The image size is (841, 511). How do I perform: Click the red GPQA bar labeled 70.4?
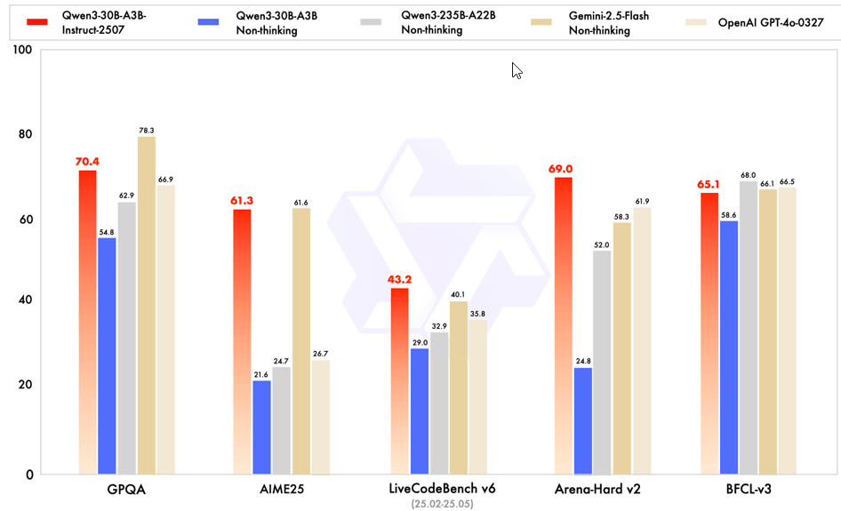click(x=87, y=320)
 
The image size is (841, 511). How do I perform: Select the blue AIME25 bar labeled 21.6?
click(x=261, y=427)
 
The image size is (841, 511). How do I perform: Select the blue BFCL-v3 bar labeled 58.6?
click(x=728, y=347)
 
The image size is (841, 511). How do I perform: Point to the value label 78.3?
click(x=147, y=131)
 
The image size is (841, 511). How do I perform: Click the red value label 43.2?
click(x=399, y=279)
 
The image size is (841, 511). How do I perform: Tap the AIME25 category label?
click(x=282, y=490)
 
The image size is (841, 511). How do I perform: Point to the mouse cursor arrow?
click(x=516, y=70)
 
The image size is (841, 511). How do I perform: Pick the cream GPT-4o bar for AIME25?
click(x=320, y=417)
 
